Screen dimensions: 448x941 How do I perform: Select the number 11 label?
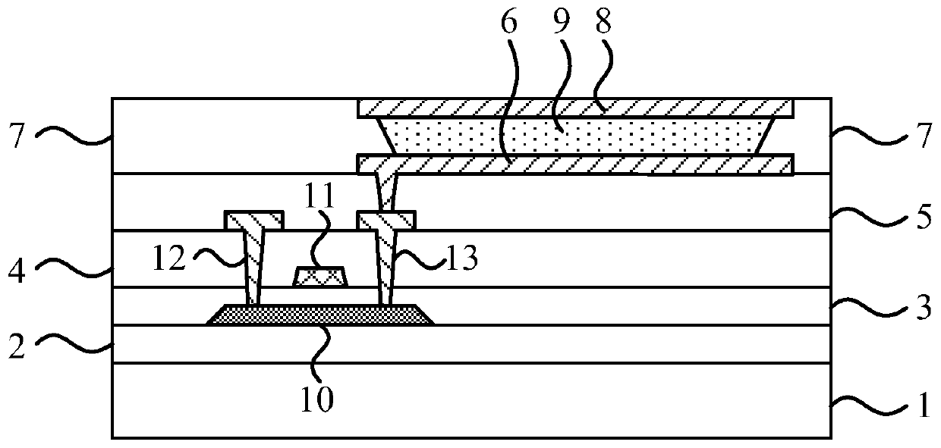click(319, 245)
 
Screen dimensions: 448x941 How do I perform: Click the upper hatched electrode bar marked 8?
click(575, 108)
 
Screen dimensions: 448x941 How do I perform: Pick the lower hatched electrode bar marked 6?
click(575, 164)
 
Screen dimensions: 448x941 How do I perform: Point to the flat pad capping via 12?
click(254, 220)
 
